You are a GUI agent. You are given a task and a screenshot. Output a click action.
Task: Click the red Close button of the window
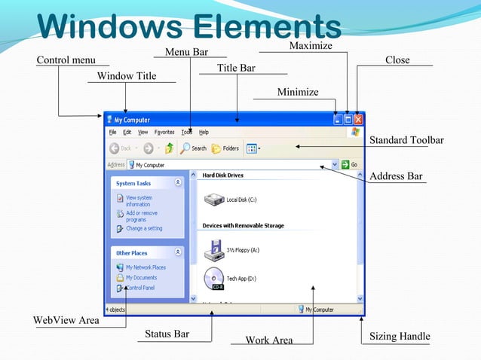(x=358, y=119)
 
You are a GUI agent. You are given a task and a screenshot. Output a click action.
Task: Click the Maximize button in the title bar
(x=348, y=119)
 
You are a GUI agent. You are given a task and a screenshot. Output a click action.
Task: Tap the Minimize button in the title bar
(x=337, y=119)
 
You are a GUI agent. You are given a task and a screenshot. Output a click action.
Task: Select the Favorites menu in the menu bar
(x=164, y=132)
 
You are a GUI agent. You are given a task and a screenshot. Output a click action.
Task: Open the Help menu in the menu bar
(x=204, y=132)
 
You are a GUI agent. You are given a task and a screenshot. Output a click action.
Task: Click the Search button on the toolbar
(x=193, y=148)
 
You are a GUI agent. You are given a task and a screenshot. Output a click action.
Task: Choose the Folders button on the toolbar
(x=225, y=148)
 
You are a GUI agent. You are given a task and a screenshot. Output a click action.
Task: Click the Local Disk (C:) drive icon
(x=215, y=199)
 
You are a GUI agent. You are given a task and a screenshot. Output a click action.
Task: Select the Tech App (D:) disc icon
(x=213, y=278)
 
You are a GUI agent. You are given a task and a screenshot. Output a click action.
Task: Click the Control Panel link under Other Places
(x=139, y=288)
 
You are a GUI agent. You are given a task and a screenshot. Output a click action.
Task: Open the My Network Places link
(x=145, y=267)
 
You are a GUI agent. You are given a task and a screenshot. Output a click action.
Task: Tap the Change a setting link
(x=143, y=228)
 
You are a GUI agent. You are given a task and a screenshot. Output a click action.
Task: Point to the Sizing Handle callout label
(x=400, y=336)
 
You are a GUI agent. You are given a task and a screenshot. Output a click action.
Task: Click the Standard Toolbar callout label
(x=406, y=140)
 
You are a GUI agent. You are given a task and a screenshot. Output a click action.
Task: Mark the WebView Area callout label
(x=66, y=320)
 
